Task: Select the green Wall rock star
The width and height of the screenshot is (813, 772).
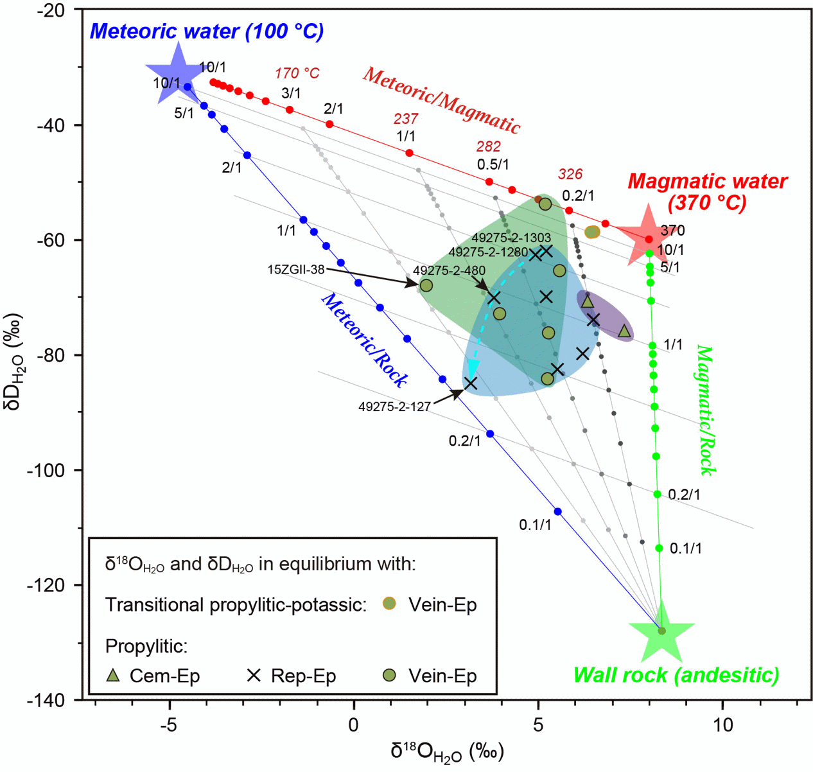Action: click(x=661, y=631)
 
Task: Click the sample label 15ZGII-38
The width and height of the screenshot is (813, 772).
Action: click(x=296, y=270)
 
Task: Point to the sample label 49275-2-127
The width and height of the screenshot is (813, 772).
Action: click(x=394, y=407)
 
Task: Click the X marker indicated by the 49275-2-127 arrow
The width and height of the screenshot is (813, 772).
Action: click(x=471, y=383)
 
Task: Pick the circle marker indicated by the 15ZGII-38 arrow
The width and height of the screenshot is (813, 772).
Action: click(x=426, y=285)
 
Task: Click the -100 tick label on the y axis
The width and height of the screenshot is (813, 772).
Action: click(x=46, y=471)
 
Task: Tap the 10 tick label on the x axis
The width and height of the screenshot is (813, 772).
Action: click(x=722, y=725)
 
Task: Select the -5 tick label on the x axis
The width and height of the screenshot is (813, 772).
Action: click(x=168, y=725)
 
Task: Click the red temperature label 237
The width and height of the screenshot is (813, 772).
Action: click(x=406, y=119)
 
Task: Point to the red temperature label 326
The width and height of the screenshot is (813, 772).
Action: click(x=570, y=174)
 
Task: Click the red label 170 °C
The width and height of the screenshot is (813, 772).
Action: click(x=297, y=74)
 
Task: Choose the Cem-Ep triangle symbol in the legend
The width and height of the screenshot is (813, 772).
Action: click(x=113, y=675)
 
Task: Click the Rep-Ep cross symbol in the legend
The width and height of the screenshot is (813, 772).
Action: click(x=254, y=675)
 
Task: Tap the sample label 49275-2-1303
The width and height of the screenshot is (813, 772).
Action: click(x=511, y=238)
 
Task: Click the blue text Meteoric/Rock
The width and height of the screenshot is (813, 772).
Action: click(x=363, y=341)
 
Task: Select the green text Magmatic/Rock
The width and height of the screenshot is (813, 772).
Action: click(x=706, y=410)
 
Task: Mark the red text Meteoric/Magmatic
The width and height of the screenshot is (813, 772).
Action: click(x=441, y=100)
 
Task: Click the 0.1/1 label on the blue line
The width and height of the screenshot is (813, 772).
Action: click(x=535, y=525)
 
